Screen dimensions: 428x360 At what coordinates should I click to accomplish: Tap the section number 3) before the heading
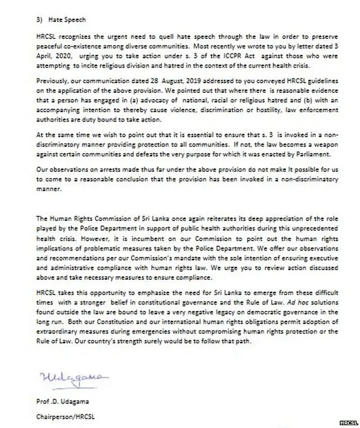pos(39,19)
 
